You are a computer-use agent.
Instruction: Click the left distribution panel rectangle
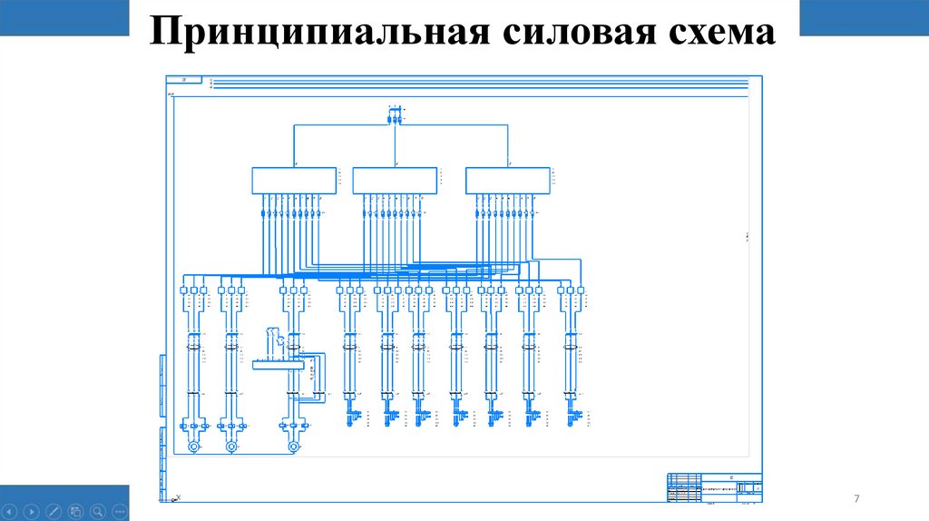pos(292,180)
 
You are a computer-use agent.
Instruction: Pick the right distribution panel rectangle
pos(508,180)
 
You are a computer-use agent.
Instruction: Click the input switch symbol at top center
pos(394,116)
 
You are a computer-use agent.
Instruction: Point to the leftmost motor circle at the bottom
pos(192,447)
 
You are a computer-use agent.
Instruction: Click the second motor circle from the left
pos(231,447)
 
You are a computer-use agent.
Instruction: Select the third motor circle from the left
pos(292,447)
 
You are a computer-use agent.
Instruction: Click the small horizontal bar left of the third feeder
pos(277,365)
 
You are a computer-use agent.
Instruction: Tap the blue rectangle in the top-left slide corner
pos(64,18)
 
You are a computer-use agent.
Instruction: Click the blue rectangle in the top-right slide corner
pos(865,18)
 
